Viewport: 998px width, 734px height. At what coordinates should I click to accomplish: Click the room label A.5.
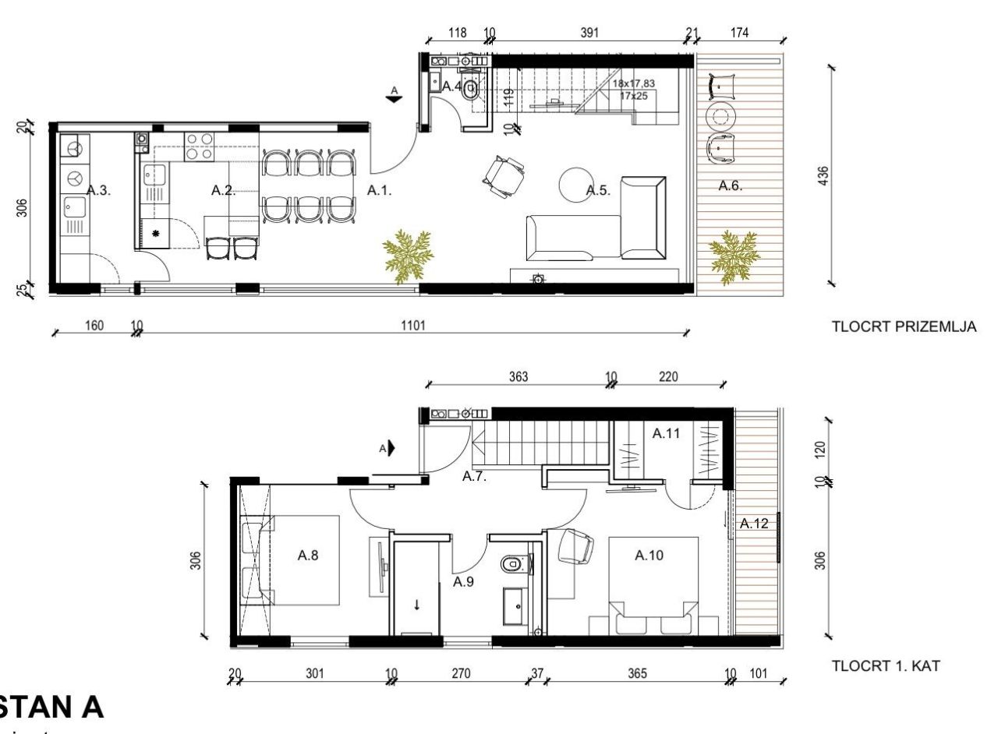tap(597, 190)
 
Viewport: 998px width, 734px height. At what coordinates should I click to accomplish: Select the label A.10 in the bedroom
tap(649, 556)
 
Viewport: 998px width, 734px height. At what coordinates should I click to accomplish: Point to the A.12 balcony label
tap(754, 524)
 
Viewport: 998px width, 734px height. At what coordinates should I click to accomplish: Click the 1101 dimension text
tap(412, 326)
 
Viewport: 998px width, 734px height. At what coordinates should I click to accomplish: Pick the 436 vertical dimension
tap(823, 175)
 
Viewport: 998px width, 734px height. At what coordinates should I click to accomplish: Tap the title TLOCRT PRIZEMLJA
tap(904, 327)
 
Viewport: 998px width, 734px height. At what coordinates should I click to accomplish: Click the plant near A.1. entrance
tap(407, 252)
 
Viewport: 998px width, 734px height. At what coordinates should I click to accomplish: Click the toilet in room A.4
tap(470, 90)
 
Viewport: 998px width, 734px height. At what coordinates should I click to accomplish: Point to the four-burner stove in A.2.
tap(200, 146)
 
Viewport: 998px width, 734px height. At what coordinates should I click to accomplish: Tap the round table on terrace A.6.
tap(721, 117)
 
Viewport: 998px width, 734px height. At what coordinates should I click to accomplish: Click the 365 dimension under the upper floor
tap(637, 673)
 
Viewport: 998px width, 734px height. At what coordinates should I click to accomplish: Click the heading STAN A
tap(51, 707)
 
